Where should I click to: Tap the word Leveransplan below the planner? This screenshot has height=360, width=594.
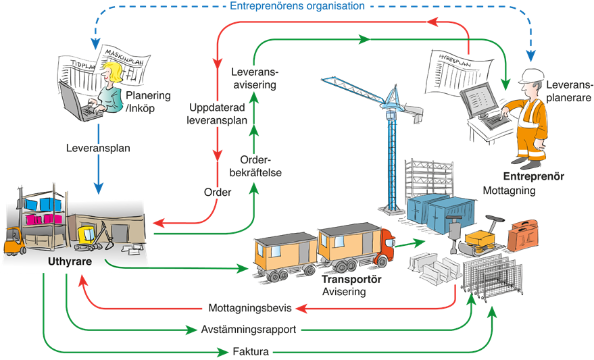(x=98, y=146)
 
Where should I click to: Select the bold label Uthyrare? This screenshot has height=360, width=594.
(x=70, y=261)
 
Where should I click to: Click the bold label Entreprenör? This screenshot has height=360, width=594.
(x=534, y=176)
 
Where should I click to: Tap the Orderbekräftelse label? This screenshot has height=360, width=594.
(x=260, y=166)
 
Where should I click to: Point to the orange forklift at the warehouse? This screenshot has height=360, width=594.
(x=15, y=241)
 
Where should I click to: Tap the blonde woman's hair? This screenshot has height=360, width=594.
(x=112, y=75)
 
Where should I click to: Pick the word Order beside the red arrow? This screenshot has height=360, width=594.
(x=218, y=192)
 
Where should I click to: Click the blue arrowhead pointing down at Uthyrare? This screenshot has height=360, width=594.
(x=100, y=189)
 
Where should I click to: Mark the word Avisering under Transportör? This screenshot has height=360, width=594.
(x=344, y=292)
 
